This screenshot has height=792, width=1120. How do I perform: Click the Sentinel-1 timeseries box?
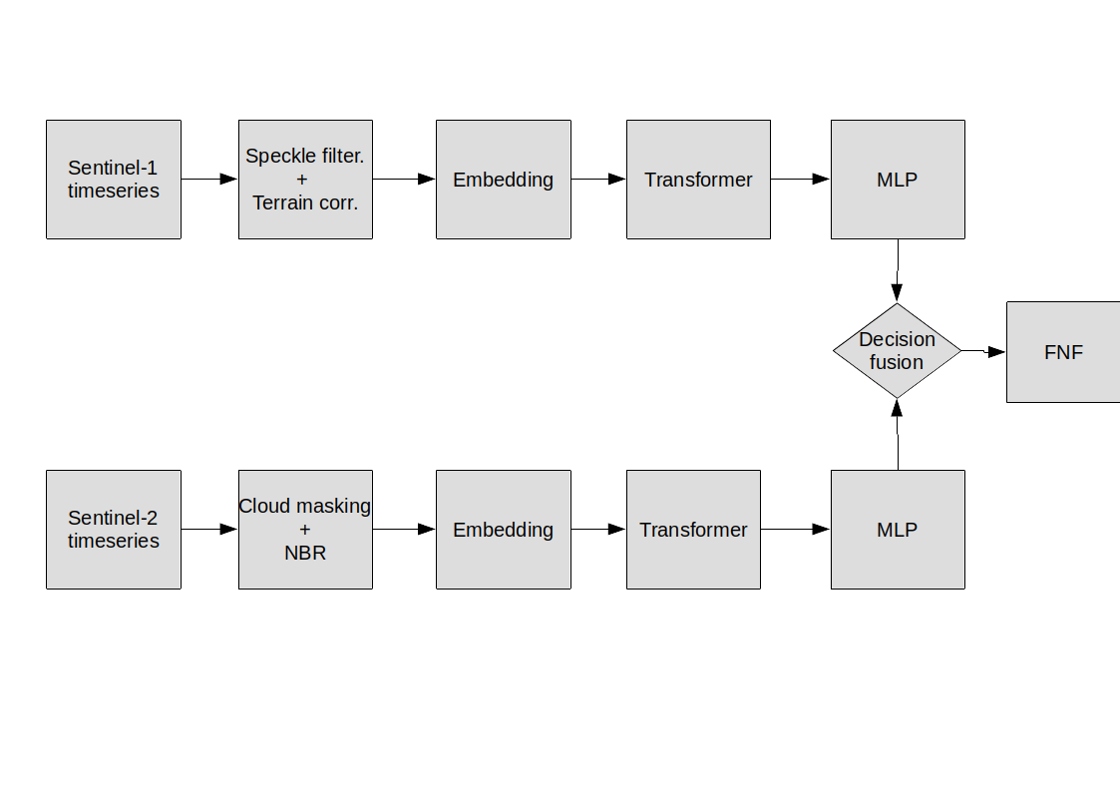coord(114,180)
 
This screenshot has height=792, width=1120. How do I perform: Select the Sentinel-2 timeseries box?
coord(114,530)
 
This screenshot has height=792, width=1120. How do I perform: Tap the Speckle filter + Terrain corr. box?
coord(306,180)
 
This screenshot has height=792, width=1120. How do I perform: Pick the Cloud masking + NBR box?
coord(306,530)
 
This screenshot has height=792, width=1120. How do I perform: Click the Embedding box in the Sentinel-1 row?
coord(504,180)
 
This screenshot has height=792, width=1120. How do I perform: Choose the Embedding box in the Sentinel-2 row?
coord(504,530)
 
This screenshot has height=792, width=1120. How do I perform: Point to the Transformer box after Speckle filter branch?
coord(698,180)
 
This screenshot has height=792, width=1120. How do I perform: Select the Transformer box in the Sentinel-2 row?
coord(693,530)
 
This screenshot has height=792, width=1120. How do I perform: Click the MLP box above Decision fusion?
coord(898,180)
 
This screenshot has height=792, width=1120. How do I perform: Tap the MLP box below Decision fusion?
coord(898,530)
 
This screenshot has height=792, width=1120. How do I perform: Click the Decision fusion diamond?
coord(898,351)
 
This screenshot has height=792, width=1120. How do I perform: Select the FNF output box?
coord(1063,352)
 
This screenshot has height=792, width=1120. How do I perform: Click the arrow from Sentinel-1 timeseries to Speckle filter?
coord(209,179)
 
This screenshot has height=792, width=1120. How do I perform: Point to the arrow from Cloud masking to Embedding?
coord(404,530)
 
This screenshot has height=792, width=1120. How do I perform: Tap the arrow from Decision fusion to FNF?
coord(983,351)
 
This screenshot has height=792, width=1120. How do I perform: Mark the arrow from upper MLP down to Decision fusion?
coord(898,270)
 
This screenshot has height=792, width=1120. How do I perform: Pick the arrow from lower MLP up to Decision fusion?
coord(898,434)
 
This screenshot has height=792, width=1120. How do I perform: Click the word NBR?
coord(305,553)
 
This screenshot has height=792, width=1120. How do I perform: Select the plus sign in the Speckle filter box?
coord(302,180)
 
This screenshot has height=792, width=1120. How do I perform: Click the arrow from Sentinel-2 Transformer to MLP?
coord(796,530)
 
